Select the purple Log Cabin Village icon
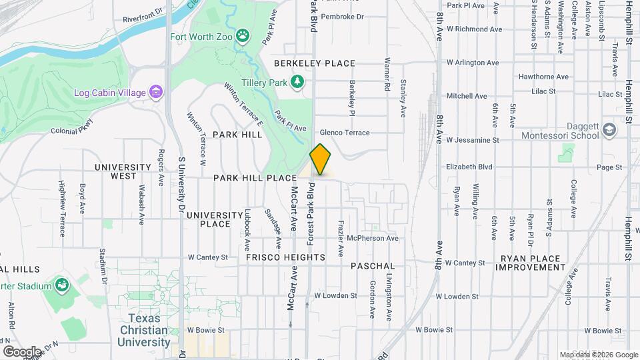[156, 91]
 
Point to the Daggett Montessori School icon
[609, 129]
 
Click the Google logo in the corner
[22, 351]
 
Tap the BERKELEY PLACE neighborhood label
[315, 63]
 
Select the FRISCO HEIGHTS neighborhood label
[285, 257]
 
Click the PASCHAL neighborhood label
[373, 266]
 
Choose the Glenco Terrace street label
[345, 133]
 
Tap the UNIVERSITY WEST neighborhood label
[123, 171]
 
